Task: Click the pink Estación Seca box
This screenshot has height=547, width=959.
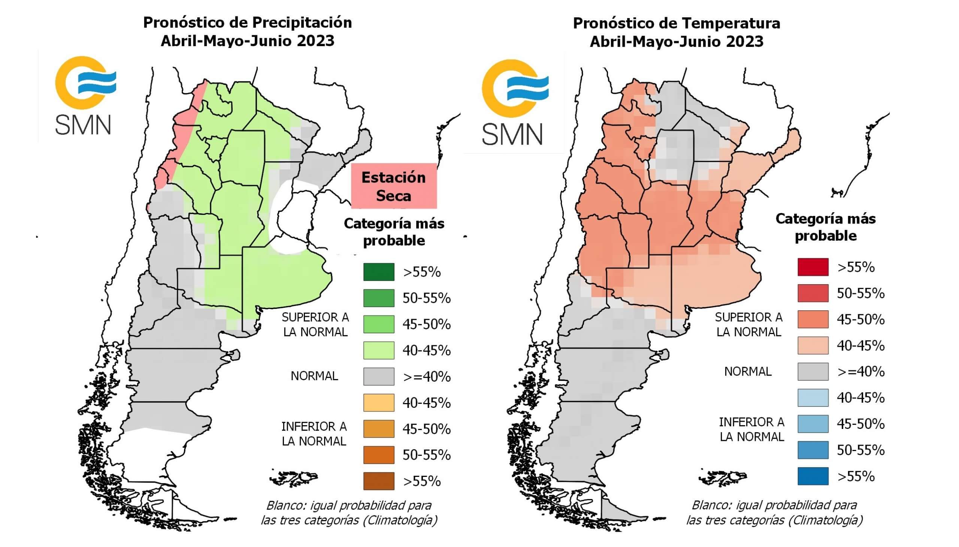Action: (394, 186)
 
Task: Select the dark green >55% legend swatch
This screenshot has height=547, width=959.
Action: (378, 272)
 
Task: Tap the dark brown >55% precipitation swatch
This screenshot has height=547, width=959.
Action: (378, 481)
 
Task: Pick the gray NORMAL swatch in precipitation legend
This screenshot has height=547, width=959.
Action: (378, 376)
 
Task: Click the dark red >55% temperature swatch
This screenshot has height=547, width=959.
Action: (813, 267)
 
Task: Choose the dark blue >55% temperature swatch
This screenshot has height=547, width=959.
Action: (813, 476)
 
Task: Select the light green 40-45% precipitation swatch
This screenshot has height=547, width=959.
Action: (378, 350)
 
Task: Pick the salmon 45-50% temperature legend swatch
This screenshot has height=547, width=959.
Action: (813, 319)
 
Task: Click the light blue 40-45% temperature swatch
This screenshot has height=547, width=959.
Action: (813, 398)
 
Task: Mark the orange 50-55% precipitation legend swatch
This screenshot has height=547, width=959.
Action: (378, 455)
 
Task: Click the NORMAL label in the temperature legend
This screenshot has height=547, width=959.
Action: (748, 372)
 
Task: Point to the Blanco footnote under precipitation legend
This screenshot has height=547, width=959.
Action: (349, 513)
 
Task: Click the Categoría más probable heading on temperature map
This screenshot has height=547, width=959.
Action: (825, 227)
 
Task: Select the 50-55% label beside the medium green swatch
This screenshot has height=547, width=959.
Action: (426, 298)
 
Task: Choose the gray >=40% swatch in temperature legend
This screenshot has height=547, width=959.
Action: (813, 372)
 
